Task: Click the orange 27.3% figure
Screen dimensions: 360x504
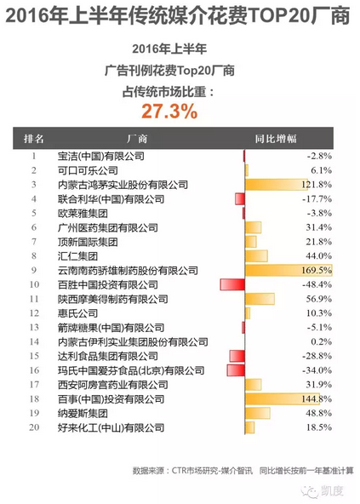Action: [169, 112]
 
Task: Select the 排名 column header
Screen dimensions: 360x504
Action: [34, 139]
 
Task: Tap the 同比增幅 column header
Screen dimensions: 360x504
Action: [276, 139]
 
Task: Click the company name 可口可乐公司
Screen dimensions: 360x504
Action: [88, 170]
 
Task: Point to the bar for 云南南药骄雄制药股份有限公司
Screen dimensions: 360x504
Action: [289, 271]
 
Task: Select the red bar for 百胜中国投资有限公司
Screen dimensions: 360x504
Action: [232, 284]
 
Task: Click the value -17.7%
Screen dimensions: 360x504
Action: [317, 199]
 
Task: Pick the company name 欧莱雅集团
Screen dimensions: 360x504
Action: [83, 214]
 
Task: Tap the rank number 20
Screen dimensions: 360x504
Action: [34, 427]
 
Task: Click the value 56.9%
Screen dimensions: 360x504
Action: [318, 299]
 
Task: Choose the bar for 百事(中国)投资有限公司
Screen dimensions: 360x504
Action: [283, 399]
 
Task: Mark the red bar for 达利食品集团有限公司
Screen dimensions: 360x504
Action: [237, 356]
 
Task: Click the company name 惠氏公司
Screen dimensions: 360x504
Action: [77, 313]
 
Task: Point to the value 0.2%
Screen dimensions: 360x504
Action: [321, 341]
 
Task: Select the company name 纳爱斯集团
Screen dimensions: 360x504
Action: [83, 414]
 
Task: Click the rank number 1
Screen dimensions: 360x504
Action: [34, 156]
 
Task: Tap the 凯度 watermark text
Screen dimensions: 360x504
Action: [333, 491]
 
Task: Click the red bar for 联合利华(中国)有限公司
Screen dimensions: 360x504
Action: [240, 199]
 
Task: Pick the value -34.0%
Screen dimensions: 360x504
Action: [317, 370]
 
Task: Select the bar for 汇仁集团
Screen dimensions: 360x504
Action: [256, 256]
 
